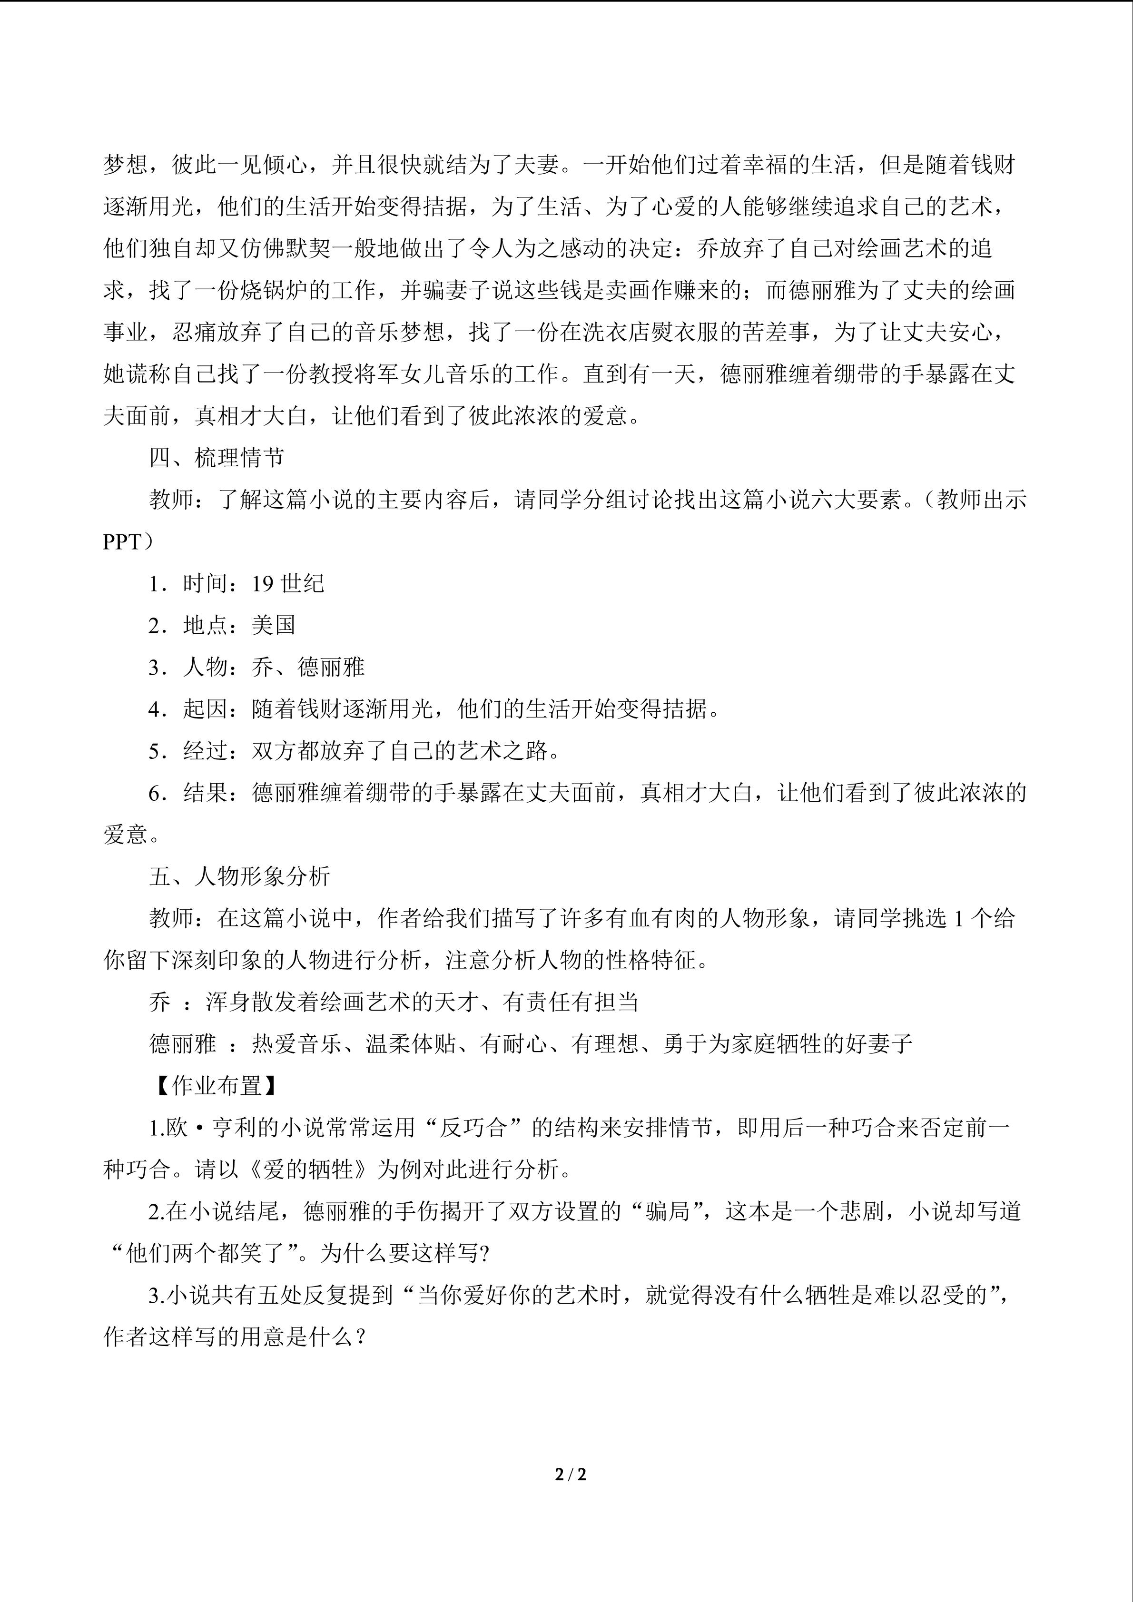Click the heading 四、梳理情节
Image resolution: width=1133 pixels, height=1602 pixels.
217,458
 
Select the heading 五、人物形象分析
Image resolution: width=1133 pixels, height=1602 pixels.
239,876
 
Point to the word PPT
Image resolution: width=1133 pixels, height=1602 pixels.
122,542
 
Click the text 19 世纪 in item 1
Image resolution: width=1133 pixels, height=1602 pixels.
287,583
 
